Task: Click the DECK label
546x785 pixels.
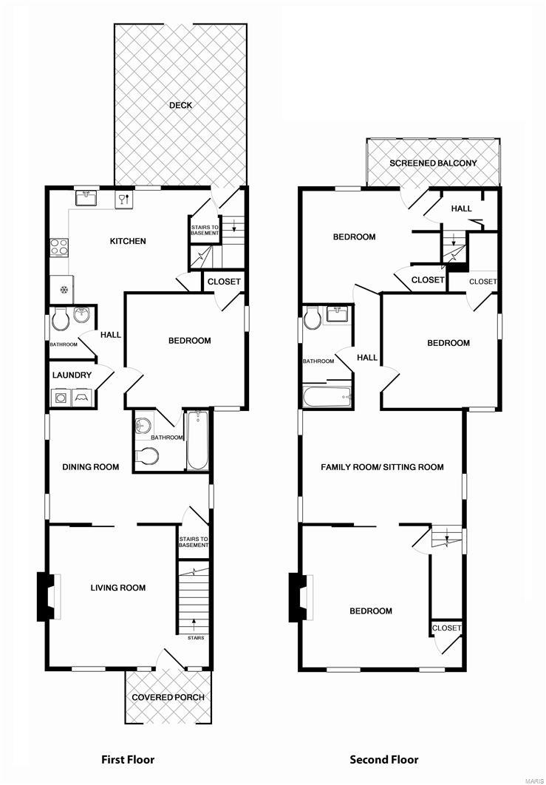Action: [180, 105]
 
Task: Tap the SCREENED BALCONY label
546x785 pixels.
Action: [433, 163]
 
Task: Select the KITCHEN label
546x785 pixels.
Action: [128, 241]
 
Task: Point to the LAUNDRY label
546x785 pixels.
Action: [72, 375]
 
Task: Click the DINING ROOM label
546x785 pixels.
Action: [91, 466]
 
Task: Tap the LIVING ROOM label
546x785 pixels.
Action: [118, 588]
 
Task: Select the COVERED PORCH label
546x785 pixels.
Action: [168, 697]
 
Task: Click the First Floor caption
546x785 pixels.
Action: [128, 759]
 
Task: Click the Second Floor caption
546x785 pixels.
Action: [384, 759]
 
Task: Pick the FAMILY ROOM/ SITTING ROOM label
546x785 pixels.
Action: [382, 466]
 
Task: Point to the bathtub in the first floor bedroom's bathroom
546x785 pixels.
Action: [197, 441]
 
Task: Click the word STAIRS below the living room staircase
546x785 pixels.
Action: [196, 638]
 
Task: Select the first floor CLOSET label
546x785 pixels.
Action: [222, 282]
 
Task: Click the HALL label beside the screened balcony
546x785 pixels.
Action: [461, 209]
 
